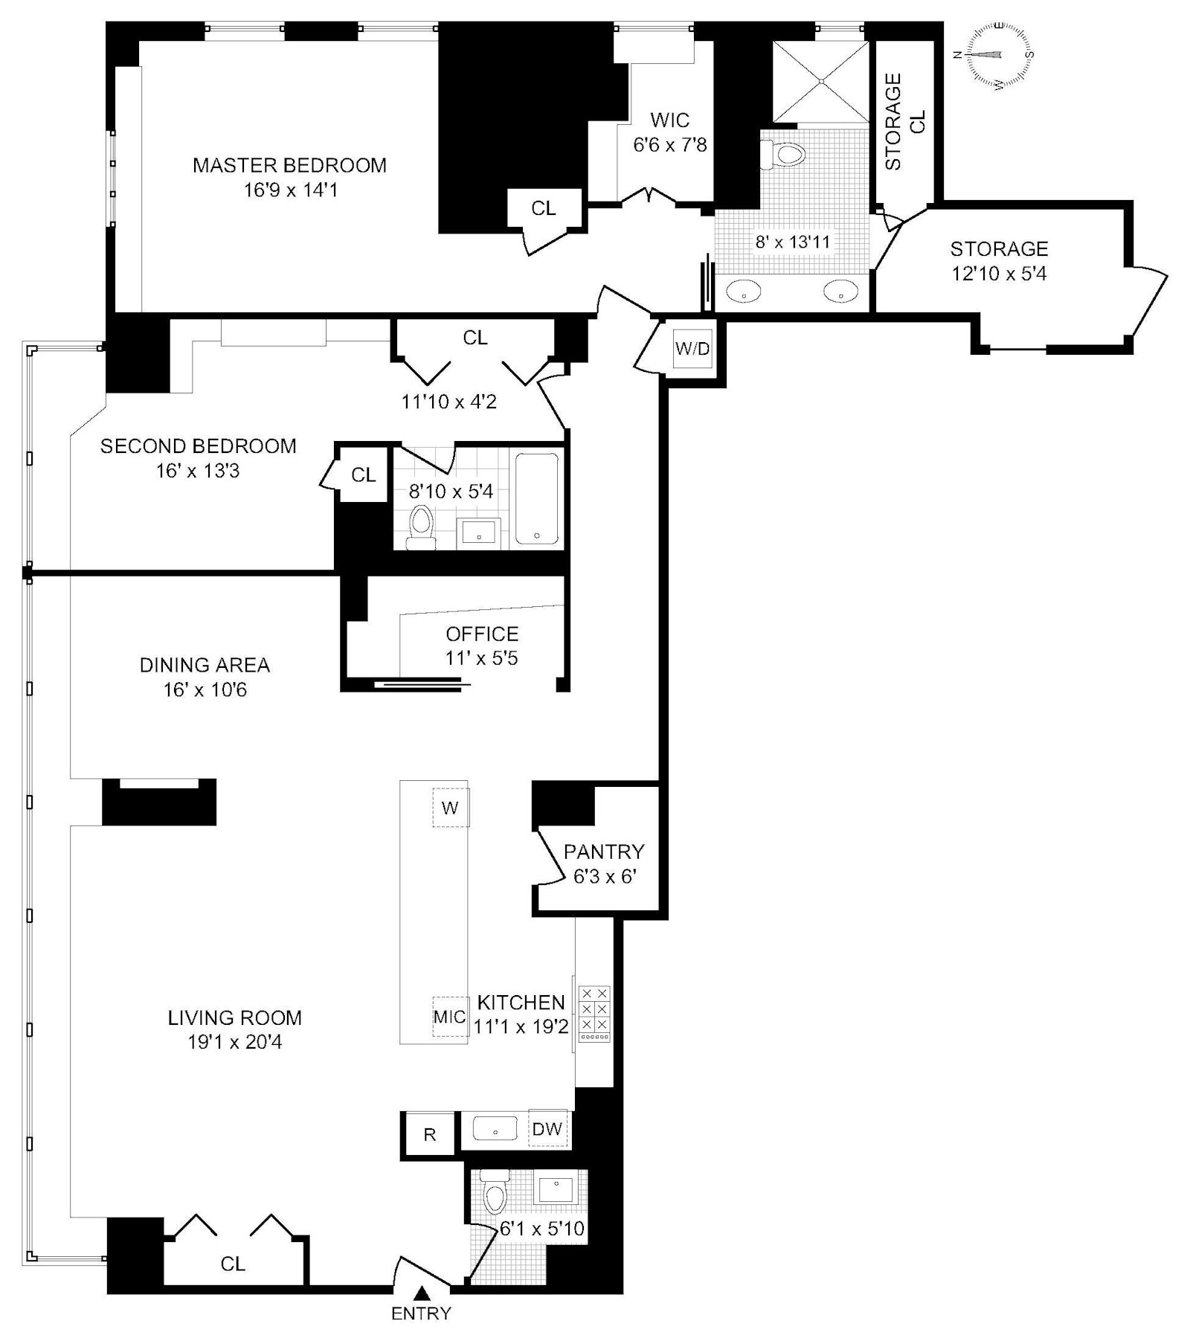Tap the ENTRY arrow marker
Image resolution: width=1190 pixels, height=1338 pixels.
click(421, 1293)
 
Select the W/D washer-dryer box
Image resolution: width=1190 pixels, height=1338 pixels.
click(692, 349)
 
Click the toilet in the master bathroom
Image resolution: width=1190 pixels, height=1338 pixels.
click(785, 154)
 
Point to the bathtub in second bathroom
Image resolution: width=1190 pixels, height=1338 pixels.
click(537, 498)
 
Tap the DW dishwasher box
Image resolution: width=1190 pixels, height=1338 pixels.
click(547, 1129)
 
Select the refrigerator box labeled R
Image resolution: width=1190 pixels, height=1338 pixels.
click(429, 1134)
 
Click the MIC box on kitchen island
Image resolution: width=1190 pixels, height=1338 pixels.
click(449, 1016)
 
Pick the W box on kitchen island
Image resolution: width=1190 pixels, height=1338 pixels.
click(450, 808)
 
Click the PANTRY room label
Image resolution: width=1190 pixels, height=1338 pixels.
click(604, 851)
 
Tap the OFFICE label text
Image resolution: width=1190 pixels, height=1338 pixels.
click(482, 634)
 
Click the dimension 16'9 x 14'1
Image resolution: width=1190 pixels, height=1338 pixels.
click(291, 190)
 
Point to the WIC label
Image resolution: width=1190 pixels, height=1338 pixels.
click(669, 120)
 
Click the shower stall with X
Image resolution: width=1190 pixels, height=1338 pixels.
click(820, 82)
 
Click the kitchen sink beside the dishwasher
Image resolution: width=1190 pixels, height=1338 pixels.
click(495, 1129)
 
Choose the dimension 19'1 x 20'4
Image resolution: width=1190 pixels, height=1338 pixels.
click(234, 1042)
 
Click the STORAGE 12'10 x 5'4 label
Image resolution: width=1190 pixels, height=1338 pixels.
click(999, 260)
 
